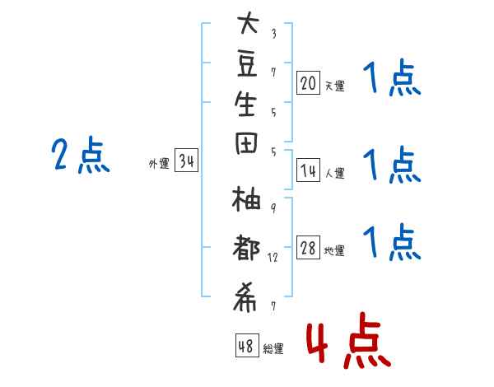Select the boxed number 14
click(308, 170)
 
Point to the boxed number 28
click(308, 248)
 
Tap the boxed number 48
click(245, 346)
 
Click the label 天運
click(334, 84)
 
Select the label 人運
click(334, 173)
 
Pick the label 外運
click(159, 163)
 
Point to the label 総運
click(273, 348)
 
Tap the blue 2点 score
click(80, 156)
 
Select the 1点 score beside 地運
click(391, 243)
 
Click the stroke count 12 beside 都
click(273, 258)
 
